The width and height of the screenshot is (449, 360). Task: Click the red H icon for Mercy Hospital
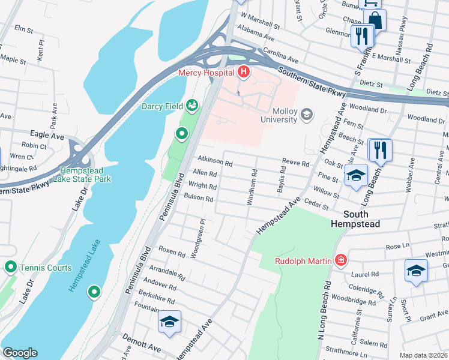(x=244, y=73)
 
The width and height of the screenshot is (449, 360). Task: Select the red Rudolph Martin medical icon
(x=340, y=260)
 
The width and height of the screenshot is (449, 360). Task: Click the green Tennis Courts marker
(x=10, y=267)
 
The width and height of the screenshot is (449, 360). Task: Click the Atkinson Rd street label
(x=215, y=162)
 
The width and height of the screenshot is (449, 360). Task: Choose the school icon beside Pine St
(x=356, y=175)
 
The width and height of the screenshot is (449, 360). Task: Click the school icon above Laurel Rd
(x=416, y=270)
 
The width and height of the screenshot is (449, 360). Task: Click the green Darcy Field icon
(x=193, y=106)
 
